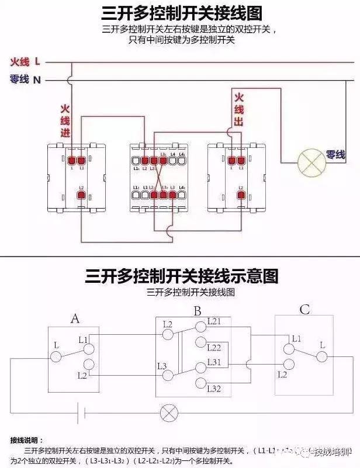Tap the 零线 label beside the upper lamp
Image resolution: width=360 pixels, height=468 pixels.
pos(335,155)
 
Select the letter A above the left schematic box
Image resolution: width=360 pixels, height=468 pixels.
pos(74,318)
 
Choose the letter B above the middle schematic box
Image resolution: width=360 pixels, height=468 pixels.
pos(198,311)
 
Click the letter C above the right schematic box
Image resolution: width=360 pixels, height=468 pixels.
pos(304,310)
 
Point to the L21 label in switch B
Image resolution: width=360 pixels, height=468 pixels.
pos(215,322)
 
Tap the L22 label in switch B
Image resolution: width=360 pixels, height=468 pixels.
pos(215,346)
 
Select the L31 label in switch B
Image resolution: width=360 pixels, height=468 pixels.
pos(215,363)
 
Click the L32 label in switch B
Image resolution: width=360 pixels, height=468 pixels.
pos(215,388)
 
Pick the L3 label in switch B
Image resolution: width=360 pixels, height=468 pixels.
pos(163,366)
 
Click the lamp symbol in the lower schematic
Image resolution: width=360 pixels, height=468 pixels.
pos(169,413)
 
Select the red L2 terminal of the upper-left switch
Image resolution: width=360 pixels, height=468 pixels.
pos(81,195)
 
